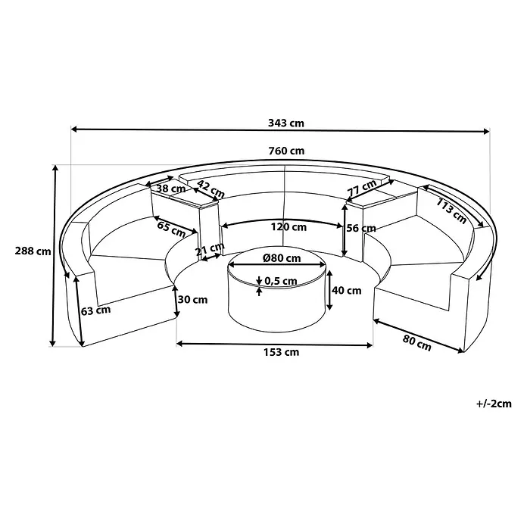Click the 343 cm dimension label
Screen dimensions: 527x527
click(x=286, y=123)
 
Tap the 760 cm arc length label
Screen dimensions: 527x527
click(x=286, y=151)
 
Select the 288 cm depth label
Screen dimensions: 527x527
click(x=33, y=251)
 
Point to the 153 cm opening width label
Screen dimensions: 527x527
click(x=281, y=352)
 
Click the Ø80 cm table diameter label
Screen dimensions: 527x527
click(x=282, y=258)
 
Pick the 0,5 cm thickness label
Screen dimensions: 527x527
click(x=281, y=281)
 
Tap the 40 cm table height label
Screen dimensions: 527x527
click(x=347, y=290)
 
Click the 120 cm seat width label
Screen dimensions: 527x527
click(x=288, y=227)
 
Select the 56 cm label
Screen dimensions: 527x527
click(x=361, y=228)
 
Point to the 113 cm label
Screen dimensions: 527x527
click(x=451, y=210)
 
